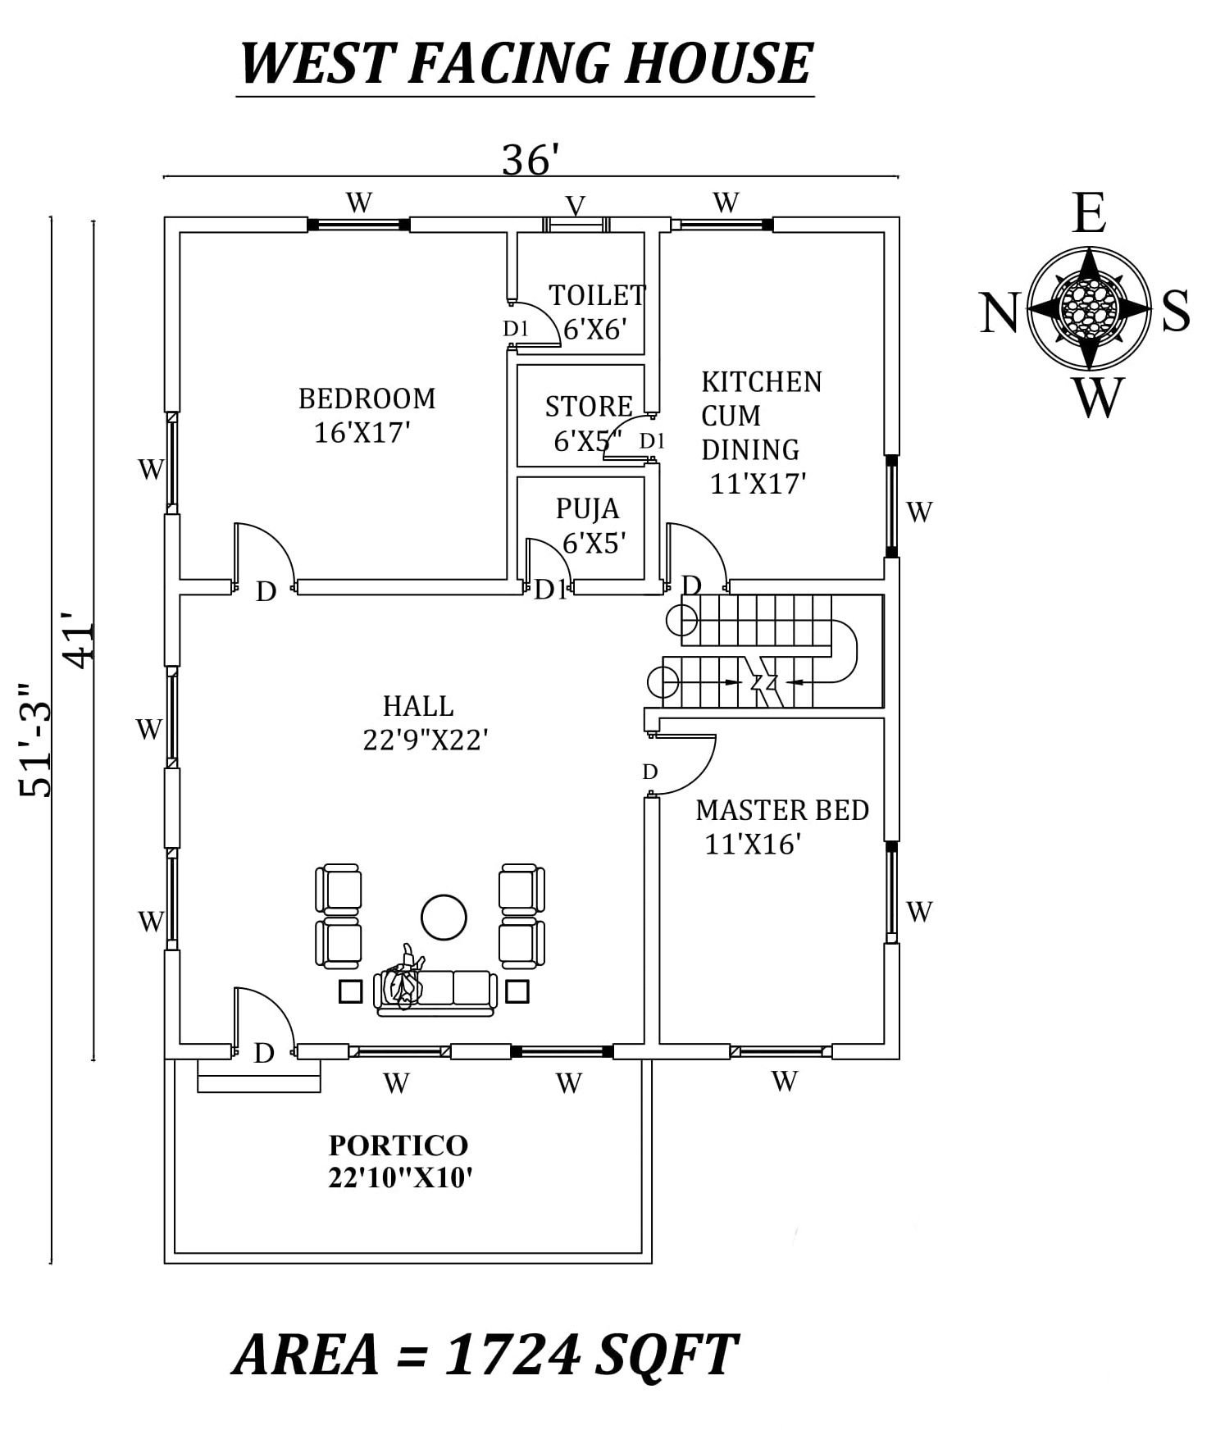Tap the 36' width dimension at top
coord(530,160)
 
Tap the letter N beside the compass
coord(999,313)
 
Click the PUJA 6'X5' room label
coord(590,526)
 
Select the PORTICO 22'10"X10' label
coord(399,1161)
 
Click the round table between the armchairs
coord(444,917)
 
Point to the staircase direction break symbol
coord(763,681)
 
